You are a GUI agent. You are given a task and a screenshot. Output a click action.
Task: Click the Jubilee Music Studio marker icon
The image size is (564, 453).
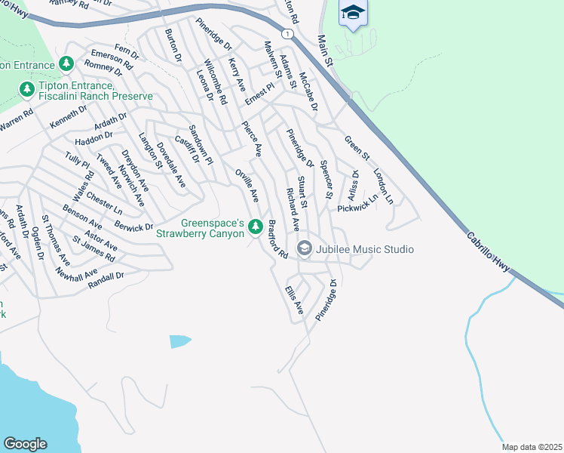pyautogui.click(x=305, y=248)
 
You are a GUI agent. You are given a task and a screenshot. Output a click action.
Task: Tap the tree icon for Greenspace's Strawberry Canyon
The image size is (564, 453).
pyautogui.click(x=255, y=226)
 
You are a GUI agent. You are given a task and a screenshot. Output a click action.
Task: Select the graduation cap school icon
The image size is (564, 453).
pyautogui.click(x=353, y=13)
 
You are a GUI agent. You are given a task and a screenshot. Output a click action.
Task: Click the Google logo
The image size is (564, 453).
pyautogui.click(x=26, y=443)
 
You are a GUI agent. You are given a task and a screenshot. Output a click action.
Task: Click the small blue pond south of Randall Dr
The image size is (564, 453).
pyautogui.click(x=181, y=341)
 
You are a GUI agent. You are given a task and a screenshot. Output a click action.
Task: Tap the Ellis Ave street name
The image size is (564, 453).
pyautogui.click(x=294, y=299)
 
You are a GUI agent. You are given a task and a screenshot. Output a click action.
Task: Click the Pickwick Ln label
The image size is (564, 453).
pyautogui.click(x=357, y=205)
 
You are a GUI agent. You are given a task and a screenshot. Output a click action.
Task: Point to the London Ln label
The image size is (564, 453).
pyautogui.click(x=383, y=185)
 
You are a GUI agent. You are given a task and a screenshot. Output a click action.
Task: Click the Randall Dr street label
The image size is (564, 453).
pyautogui.click(x=106, y=279)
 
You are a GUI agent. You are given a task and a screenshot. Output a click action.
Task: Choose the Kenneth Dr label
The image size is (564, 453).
pyautogui.click(x=69, y=116)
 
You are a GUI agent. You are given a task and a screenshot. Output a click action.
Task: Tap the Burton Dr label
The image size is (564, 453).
pyautogui.click(x=173, y=45)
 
